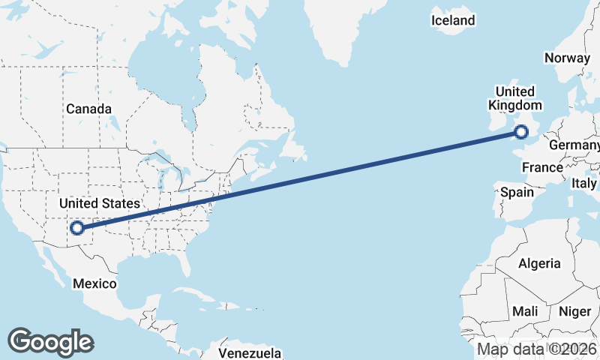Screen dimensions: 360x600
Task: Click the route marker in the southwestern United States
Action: point(76,228)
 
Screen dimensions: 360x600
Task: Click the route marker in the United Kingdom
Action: point(520,133)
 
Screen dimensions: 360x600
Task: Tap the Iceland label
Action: point(453,20)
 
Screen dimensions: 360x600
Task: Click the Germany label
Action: point(574,144)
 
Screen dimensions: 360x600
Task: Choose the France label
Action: point(542,167)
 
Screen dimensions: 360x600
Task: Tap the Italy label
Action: point(584,183)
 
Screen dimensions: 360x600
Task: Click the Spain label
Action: point(517,192)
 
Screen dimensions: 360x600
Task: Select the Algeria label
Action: point(539,263)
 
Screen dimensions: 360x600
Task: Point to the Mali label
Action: point(525,310)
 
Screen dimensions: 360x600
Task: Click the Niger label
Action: point(575,310)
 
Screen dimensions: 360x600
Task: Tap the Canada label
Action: point(88,109)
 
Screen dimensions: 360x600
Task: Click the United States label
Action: point(99,203)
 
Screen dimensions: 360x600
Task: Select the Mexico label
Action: point(94,283)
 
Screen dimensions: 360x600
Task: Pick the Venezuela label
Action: point(250,352)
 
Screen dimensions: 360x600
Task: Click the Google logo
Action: point(50,342)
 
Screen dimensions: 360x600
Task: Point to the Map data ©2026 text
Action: point(537,349)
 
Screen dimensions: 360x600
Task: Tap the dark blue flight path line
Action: point(300,181)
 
